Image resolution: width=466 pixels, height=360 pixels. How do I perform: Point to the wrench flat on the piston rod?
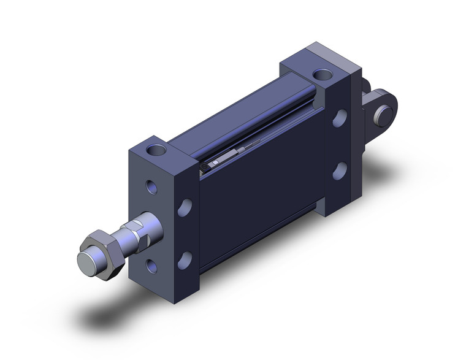click(132, 232)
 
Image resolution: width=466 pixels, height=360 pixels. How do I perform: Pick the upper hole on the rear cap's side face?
click(339, 118)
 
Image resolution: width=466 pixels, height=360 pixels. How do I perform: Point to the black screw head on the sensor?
click(204, 166)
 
